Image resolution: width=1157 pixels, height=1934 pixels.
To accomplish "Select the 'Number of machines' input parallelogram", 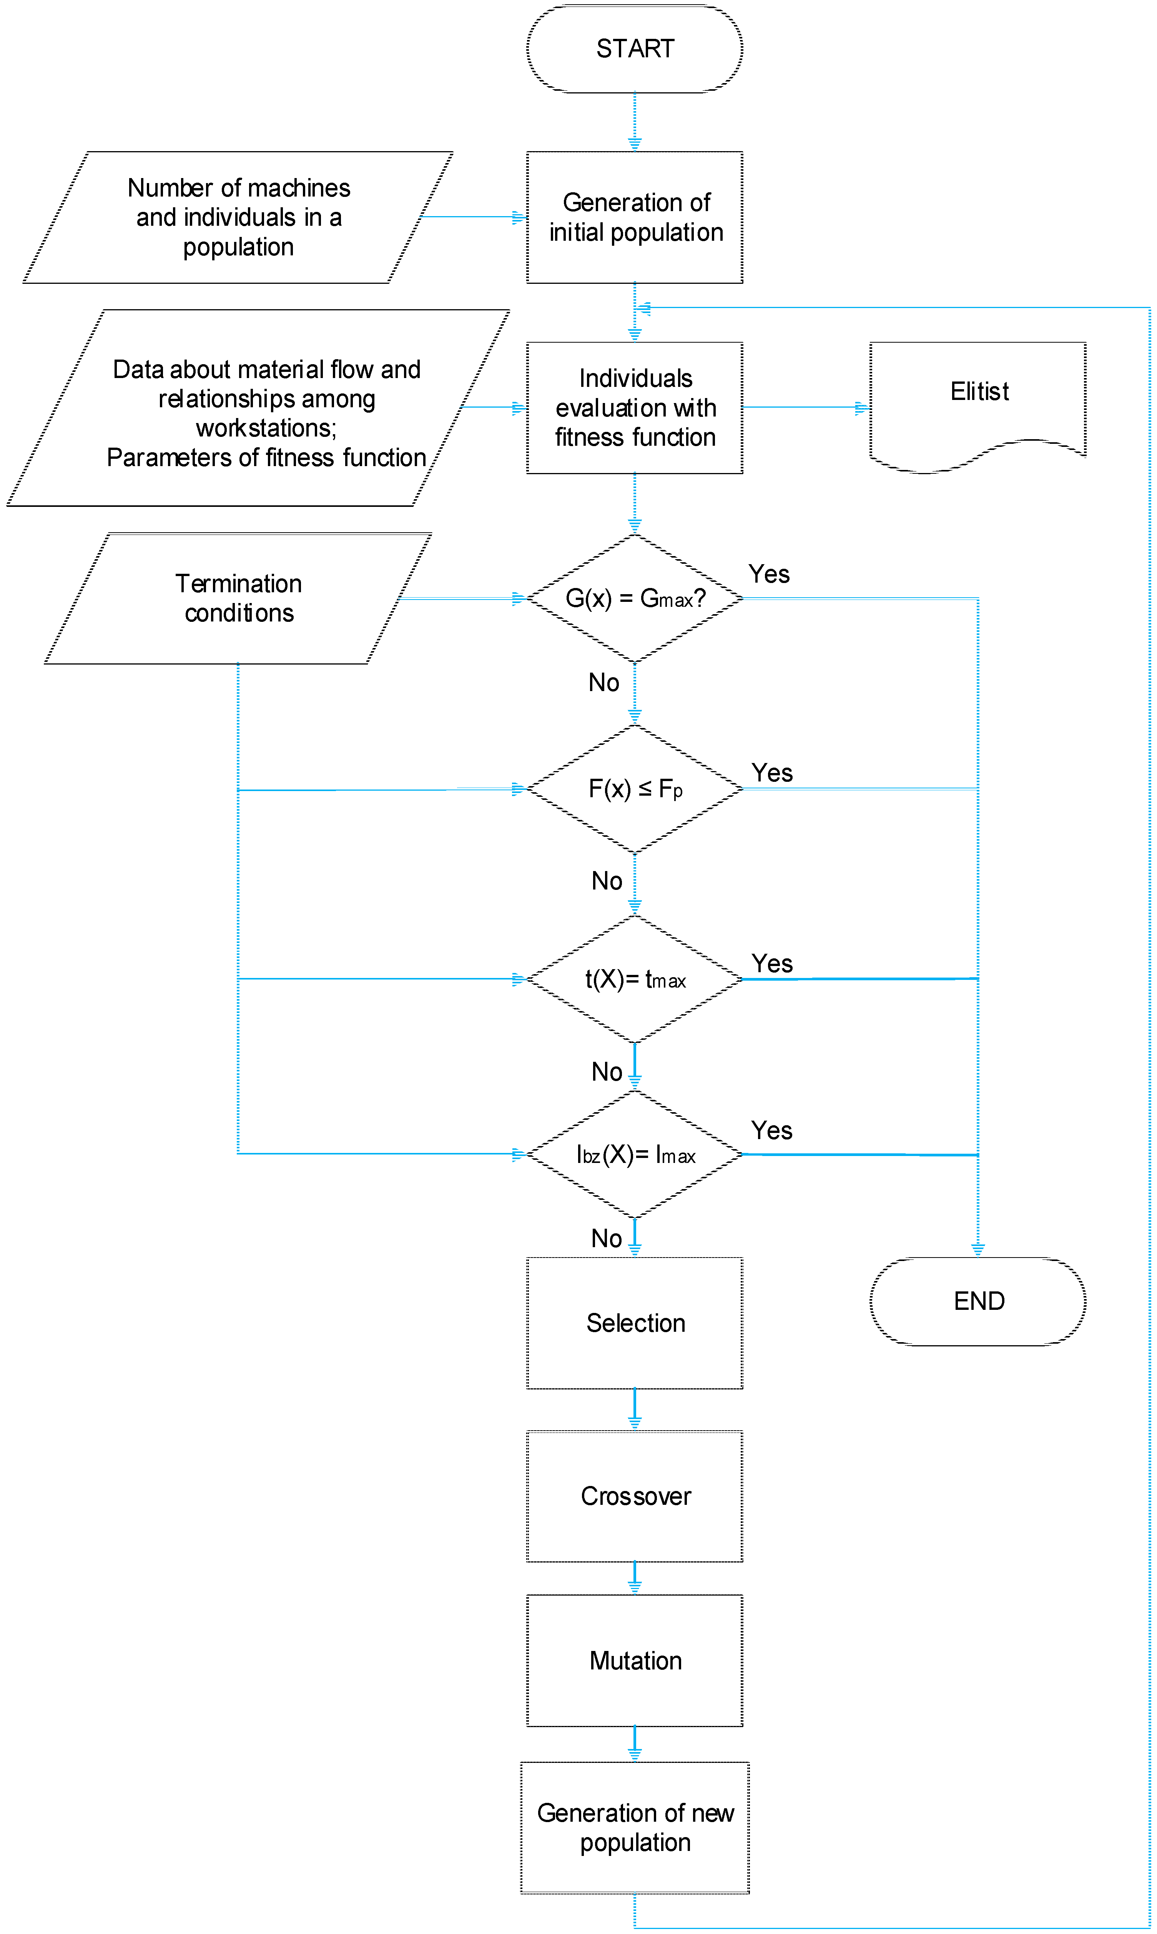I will click(238, 218).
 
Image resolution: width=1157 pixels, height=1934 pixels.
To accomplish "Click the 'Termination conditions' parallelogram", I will click(238, 598).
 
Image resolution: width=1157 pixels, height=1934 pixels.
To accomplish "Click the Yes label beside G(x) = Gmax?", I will click(769, 574).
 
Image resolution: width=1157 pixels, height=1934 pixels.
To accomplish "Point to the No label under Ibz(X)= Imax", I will click(606, 1238).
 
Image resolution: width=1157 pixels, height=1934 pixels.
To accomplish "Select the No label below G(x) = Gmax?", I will click(603, 682).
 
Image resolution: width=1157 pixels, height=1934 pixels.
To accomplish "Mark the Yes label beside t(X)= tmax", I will click(771, 964).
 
